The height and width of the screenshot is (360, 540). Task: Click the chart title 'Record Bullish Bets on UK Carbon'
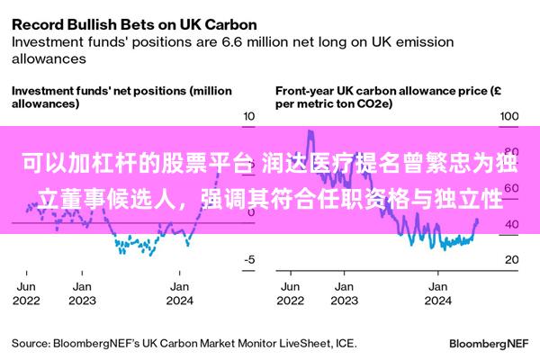point(134,25)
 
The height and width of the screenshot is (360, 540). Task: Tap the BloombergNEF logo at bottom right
point(489,344)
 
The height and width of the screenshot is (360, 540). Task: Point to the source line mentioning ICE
point(184,344)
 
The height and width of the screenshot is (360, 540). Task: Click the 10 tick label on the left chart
point(249,116)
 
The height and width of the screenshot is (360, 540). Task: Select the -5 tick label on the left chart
point(249,259)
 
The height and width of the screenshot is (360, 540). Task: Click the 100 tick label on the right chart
point(509,116)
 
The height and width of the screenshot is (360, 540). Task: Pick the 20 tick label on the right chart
point(512,259)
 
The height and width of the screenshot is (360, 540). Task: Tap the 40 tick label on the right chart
point(512,224)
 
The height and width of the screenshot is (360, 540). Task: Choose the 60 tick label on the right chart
point(512,188)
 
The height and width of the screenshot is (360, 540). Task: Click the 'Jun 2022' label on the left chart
point(26,293)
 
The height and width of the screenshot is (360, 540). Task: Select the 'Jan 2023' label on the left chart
point(82,293)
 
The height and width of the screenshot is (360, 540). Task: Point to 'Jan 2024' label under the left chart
point(179,293)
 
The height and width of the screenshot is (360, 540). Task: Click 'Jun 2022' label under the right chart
point(291,293)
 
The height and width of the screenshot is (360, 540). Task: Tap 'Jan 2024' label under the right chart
point(437,293)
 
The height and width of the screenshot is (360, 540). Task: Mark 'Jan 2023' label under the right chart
point(344,293)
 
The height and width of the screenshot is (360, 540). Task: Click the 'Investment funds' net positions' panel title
point(121,97)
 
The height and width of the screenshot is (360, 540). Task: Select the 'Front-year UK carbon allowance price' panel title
point(388,97)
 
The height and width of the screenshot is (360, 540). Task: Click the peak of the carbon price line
point(310,130)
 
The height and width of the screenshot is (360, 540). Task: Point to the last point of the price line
point(477,220)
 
